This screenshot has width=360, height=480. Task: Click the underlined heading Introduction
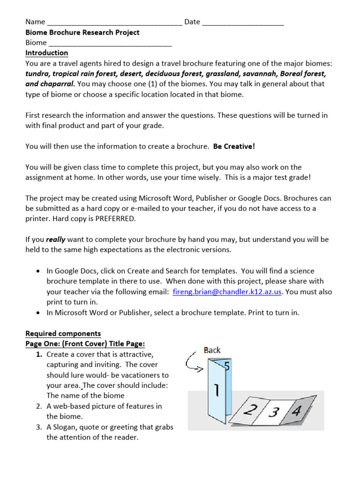pos(46,53)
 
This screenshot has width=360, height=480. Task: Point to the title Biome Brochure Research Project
pos(82,32)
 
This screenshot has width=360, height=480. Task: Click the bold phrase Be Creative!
pos(234,146)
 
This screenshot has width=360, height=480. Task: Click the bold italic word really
pos(55,240)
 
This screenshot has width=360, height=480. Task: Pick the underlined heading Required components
pos(63,334)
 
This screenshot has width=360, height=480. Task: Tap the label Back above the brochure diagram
pos(212,350)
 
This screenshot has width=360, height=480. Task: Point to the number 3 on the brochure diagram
pos(274,412)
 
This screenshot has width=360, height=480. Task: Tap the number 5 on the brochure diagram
pos(226,366)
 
